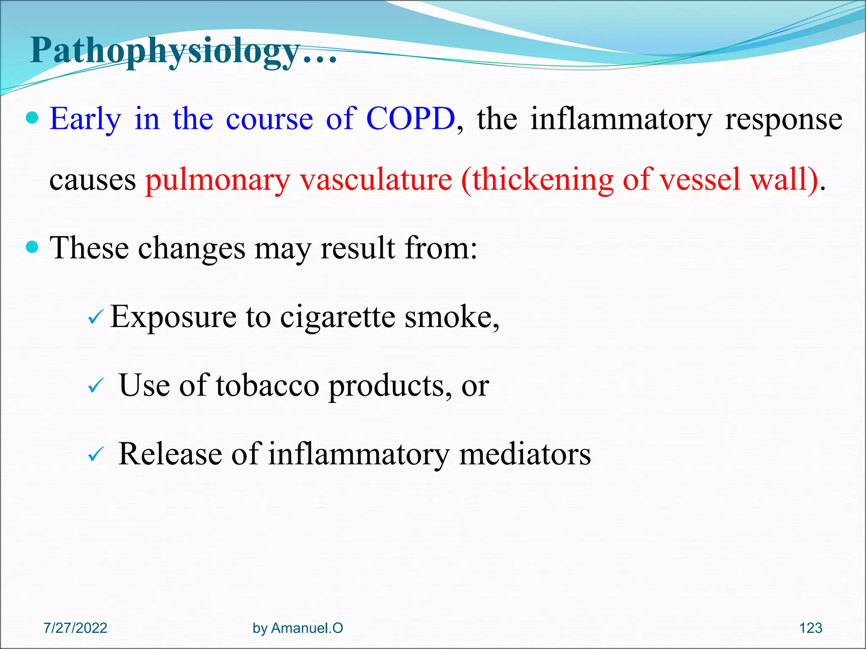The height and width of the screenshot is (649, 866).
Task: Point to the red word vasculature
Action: coord(376,180)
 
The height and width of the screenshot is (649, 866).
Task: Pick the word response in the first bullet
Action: coord(784,119)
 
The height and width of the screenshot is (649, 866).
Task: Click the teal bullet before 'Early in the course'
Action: coord(32,117)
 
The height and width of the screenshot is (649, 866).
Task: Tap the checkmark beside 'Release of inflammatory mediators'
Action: coord(96,455)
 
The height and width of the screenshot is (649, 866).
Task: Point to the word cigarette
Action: coord(337,317)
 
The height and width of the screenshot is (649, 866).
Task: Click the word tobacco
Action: coord(267,385)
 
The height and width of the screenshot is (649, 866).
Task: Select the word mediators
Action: coord(525,454)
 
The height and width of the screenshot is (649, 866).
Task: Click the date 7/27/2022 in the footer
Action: coord(75,628)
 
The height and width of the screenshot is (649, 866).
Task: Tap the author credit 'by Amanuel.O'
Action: coord(298,628)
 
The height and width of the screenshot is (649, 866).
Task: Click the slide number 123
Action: coord(810,628)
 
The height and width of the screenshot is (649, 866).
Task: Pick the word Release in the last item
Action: coord(170,454)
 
